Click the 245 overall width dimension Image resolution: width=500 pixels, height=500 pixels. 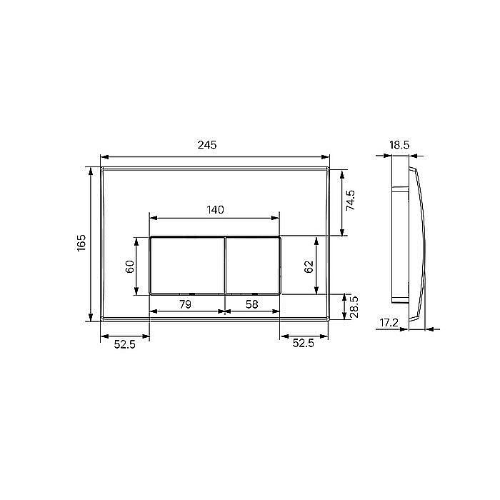pyautogui.click(x=206, y=145)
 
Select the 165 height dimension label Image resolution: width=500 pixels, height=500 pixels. pyautogui.click(x=81, y=243)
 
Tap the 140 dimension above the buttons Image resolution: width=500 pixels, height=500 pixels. pyautogui.click(x=215, y=209)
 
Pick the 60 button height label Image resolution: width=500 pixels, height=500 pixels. pyautogui.click(x=130, y=266)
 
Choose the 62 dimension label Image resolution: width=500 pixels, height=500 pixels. pyautogui.click(x=309, y=266)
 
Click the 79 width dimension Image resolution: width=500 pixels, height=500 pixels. pyautogui.click(x=184, y=304)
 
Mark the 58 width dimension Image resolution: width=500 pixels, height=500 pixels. pyautogui.click(x=251, y=304)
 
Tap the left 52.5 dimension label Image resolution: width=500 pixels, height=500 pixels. pyautogui.click(x=125, y=344)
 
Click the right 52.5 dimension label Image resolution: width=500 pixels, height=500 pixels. pyautogui.click(x=303, y=344)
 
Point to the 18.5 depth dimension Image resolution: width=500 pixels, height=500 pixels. pyautogui.click(x=399, y=145)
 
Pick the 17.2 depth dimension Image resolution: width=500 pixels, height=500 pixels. pyautogui.click(x=389, y=323)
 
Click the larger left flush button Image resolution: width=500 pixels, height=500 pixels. pyautogui.click(x=186, y=264)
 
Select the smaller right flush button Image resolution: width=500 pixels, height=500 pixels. pyautogui.click(x=253, y=264)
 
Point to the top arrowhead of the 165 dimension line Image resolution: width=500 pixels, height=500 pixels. pyautogui.click(x=91, y=170)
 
